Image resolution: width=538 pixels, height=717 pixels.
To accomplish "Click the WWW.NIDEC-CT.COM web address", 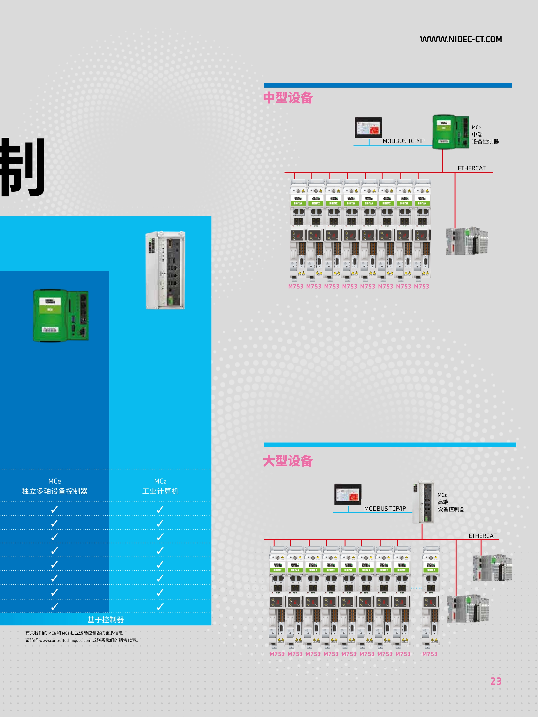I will coord(461,39).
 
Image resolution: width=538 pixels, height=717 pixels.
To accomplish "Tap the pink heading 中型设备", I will coord(288,98).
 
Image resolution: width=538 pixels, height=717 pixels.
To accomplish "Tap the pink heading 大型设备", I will coord(288,461).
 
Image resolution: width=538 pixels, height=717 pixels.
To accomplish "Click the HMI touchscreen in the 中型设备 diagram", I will coord(368,128).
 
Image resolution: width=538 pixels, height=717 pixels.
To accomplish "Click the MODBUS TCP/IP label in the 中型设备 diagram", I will coord(403,141).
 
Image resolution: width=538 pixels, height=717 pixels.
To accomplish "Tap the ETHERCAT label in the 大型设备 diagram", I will coord(482,536).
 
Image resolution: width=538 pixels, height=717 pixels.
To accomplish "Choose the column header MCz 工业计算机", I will coord(160,486).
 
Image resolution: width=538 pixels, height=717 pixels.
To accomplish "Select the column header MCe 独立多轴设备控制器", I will coord(54,486).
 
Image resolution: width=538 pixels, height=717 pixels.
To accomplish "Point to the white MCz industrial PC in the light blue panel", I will coord(165,270).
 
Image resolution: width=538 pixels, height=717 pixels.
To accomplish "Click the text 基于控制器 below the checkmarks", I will coord(106,620).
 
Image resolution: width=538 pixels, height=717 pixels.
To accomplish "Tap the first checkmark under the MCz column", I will coord(160,510).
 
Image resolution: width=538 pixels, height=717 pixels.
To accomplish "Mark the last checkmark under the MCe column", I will coord(54,606).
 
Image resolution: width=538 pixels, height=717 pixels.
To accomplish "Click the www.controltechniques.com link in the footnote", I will coord(65,640).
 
